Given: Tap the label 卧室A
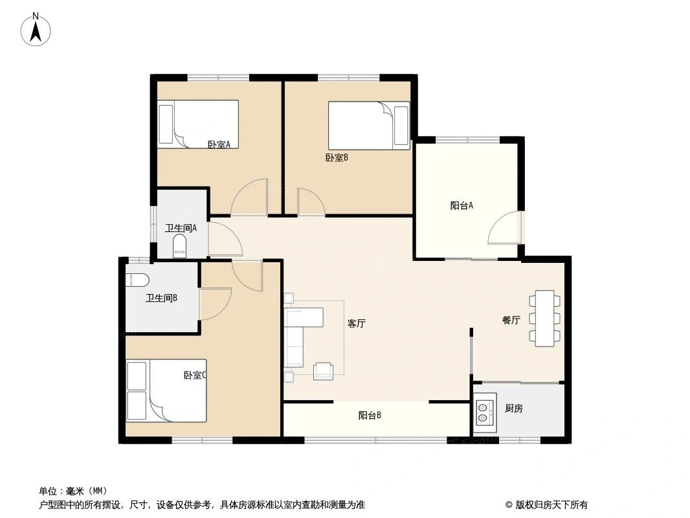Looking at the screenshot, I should (219, 144).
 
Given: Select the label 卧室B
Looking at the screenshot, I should (337, 157).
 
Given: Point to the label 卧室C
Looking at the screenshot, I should (195, 375).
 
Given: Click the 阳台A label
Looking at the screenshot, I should (462, 206).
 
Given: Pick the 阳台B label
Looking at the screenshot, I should (370, 416).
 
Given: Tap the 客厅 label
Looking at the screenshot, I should (357, 323).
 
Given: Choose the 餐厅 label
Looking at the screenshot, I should (511, 320).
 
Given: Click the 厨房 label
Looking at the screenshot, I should (514, 409).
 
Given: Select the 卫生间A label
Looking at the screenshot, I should (181, 228).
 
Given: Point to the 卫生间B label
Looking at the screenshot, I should (161, 298).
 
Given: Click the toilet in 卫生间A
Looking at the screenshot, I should (180, 246).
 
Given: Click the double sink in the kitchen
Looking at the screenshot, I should (483, 413).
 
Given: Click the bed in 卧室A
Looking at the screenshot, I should (198, 123).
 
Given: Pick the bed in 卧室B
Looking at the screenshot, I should (368, 125).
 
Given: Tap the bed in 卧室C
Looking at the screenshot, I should (166, 390).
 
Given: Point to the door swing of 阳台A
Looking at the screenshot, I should (506, 227).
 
